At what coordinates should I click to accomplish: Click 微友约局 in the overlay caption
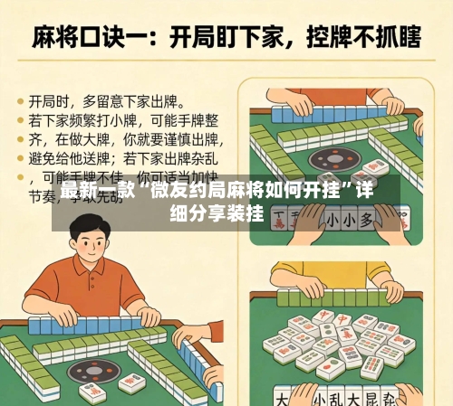pos(185,192)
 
